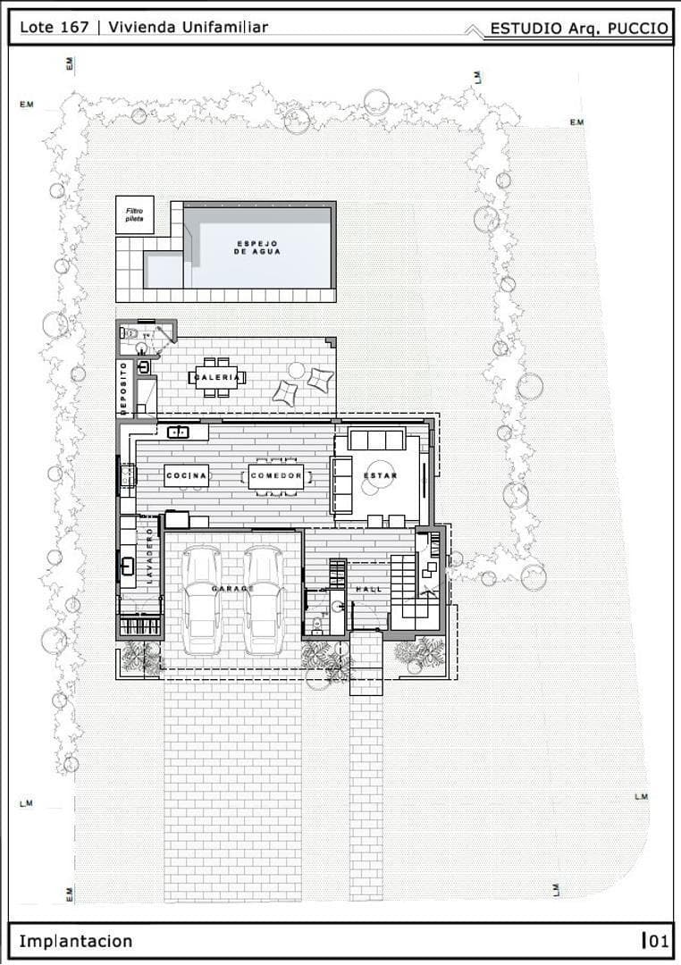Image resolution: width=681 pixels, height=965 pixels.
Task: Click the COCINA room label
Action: pos(187,475)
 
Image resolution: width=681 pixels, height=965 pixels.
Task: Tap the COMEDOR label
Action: pos(276,475)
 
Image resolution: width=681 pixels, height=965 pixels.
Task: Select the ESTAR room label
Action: pos(380,475)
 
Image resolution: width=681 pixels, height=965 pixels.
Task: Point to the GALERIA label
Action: pos(217,378)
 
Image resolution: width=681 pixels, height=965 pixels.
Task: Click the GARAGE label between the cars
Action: pos(232,589)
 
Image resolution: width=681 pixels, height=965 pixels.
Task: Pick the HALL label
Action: pos(368,591)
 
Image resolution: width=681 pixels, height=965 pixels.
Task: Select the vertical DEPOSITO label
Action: pos(123,387)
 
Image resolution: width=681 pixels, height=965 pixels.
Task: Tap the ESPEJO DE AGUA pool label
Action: pos(257,248)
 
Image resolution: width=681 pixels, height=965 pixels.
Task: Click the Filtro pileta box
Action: pos(134,214)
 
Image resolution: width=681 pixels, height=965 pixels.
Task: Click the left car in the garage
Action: pos(200,599)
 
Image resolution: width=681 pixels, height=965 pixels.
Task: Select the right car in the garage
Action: pos(265,599)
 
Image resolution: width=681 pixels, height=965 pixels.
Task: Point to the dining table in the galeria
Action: pos(217,376)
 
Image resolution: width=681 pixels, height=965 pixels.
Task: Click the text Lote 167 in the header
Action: pos(55,27)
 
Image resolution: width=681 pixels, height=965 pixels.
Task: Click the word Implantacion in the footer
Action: pos(75,941)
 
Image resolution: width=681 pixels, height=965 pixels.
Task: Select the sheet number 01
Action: pos(659,941)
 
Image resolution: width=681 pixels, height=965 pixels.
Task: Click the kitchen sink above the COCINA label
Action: pos(179,432)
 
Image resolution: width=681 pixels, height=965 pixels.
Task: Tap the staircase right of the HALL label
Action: pos(405,584)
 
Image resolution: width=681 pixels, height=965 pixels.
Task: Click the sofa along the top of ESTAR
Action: pos(376,440)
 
